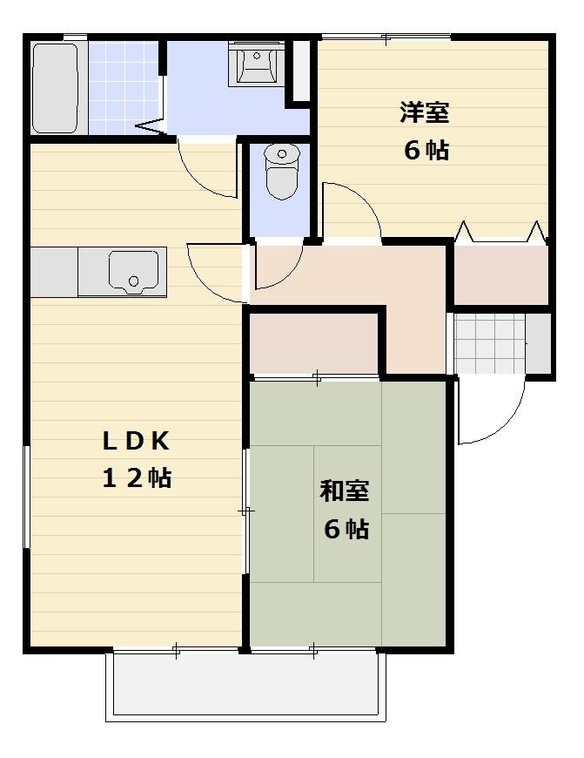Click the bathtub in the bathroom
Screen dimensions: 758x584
click(56, 87)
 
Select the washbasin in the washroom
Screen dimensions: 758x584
click(257, 63)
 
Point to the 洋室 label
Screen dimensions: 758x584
click(424, 112)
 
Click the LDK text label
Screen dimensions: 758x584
click(136, 441)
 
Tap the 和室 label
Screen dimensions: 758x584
click(345, 491)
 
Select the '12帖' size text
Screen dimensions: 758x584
click(136, 477)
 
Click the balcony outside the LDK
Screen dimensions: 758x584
click(245, 685)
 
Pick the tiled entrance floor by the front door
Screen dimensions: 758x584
click(491, 342)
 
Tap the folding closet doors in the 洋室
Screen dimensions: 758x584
click(501, 233)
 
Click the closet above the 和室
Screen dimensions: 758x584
click(313, 341)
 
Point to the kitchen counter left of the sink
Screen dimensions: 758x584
click(54, 270)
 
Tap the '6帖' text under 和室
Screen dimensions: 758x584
click(346, 529)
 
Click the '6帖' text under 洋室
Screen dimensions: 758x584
click(426, 150)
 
